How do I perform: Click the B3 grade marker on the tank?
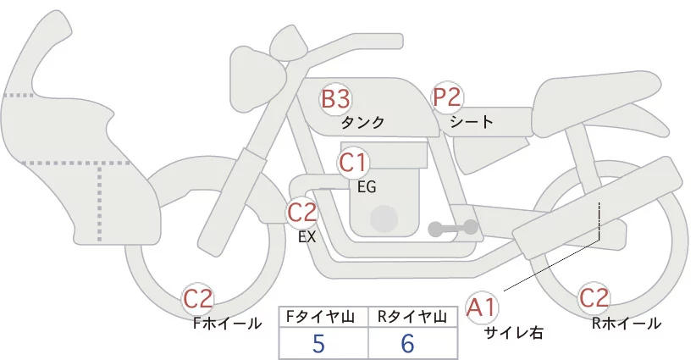335,98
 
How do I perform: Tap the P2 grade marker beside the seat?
447,97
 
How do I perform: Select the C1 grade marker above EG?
352,162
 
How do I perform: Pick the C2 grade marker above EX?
301,212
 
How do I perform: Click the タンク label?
362,122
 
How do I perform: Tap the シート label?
472,121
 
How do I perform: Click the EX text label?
307,237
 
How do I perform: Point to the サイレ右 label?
513,333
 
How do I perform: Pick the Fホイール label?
228,323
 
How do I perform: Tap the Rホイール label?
627,323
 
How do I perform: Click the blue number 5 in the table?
318,344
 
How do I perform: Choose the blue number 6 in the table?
408,344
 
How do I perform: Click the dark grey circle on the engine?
386,219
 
